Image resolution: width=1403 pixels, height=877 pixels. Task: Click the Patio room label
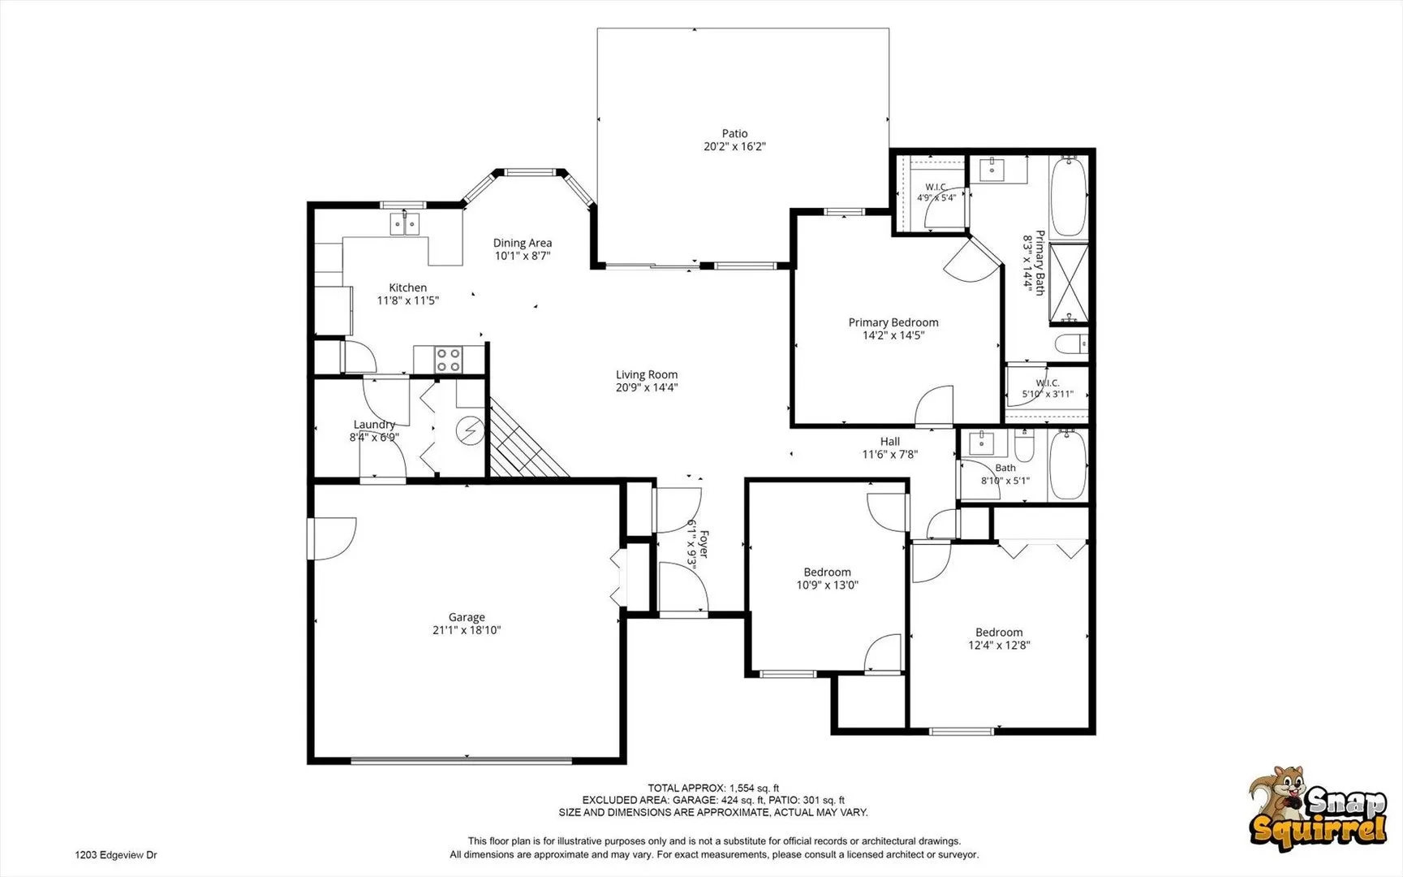(x=734, y=134)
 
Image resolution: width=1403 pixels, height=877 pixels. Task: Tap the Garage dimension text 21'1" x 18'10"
(x=467, y=630)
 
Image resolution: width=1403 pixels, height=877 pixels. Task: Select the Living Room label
(x=647, y=374)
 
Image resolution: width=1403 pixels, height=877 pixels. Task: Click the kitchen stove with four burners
(x=448, y=359)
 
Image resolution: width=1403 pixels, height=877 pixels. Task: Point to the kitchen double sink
(x=404, y=222)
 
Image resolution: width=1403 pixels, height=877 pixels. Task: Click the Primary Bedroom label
(x=893, y=322)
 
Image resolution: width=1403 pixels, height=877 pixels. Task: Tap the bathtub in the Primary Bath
(x=1068, y=197)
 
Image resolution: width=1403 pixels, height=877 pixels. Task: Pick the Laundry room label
(x=374, y=425)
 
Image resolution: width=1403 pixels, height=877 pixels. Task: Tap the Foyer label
(x=704, y=543)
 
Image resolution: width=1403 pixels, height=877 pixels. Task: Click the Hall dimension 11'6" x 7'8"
(x=890, y=455)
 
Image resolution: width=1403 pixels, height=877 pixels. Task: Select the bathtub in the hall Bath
(x=1068, y=465)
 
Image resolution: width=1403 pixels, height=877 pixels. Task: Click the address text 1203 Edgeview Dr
(x=116, y=855)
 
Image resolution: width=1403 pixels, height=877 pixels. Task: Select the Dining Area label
(x=523, y=243)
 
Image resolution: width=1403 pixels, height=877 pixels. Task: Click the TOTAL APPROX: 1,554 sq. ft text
(x=713, y=788)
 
